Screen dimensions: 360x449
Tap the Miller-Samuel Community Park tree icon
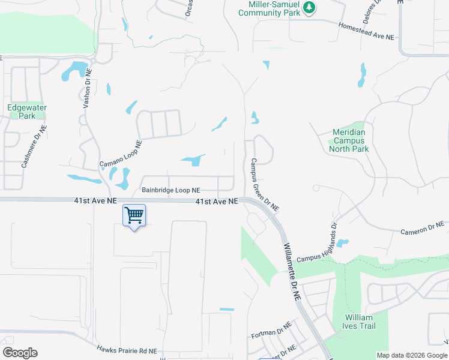coord(309,7)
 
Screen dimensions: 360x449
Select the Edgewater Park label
coord(27,112)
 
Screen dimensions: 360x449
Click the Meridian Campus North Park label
coord(349,140)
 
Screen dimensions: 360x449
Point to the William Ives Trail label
coord(360,322)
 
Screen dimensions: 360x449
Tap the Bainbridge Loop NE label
coord(170,190)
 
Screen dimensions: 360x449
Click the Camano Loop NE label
coord(121,154)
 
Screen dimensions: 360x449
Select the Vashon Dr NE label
coord(87,87)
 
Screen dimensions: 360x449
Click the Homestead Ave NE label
coord(366,32)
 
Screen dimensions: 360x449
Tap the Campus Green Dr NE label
coord(265,185)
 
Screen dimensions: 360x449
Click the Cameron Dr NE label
coord(423,227)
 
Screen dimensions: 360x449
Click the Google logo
coord(20,353)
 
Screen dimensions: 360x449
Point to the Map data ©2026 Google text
coord(411,355)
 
